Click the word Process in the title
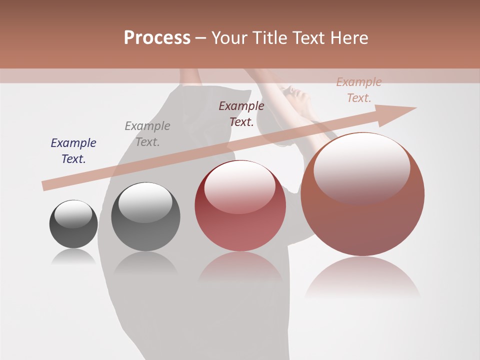pyautogui.click(x=157, y=38)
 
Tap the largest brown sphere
pyautogui.click(x=362, y=220)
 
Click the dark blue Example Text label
pyautogui.click(x=73, y=151)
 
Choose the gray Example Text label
pyautogui.click(x=147, y=134)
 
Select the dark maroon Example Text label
pyautogui.click(x=241, y=113)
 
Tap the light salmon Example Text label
pyautogui.click(x=359, y=90)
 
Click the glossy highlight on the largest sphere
pyautogui.click(x=361, y=167)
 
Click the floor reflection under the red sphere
pyautogui.click(x=240, y=267)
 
